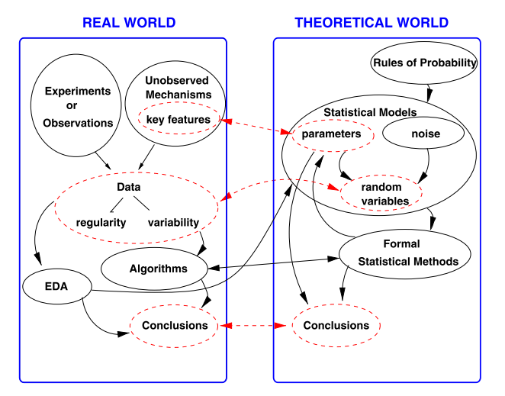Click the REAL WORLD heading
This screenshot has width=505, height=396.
click(x=129, y=23)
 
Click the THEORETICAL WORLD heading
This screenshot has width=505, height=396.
click(x=372, y=23)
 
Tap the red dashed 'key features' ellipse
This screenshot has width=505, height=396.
click(x=177, y=120)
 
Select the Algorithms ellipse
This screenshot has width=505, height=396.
click(x=158, y=269)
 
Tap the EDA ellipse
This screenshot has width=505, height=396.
click(x=58, y=287)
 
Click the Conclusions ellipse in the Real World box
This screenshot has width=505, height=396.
click(x=174, y=325)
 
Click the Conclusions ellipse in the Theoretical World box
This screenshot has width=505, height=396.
click(x=336, y=326)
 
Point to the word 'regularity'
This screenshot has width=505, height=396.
click(x=101, y=223)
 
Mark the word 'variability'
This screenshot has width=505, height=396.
click(x=173, y=223)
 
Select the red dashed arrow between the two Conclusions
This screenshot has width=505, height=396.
click(x=256, y=326)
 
